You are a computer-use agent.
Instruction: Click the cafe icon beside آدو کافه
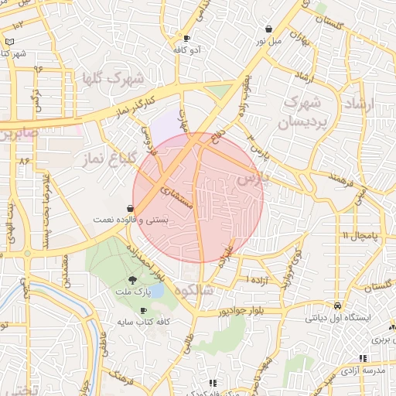pos(186,38)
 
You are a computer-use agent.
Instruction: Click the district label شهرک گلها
pos(112,79)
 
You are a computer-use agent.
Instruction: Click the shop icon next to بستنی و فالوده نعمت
pos(129,208)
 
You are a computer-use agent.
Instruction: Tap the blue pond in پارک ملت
pos(155,292)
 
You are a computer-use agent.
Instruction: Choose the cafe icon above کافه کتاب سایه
pos(143,310)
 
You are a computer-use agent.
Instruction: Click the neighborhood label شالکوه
pos(193,291)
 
